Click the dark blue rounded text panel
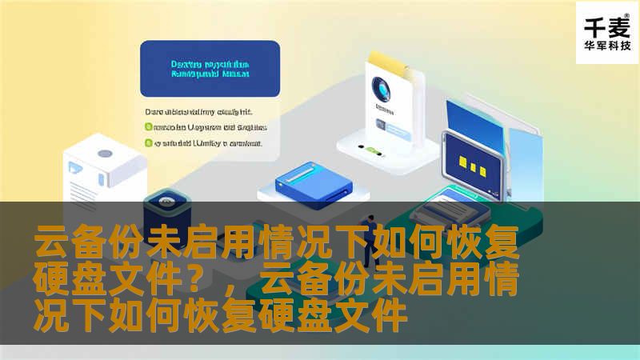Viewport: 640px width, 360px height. click(210, 69)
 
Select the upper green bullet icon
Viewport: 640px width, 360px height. click(148, 126)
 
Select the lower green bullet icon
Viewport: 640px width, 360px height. click(148, 143)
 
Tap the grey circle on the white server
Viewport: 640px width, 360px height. click(105, 153)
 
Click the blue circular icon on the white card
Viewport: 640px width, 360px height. click(382, 89)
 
